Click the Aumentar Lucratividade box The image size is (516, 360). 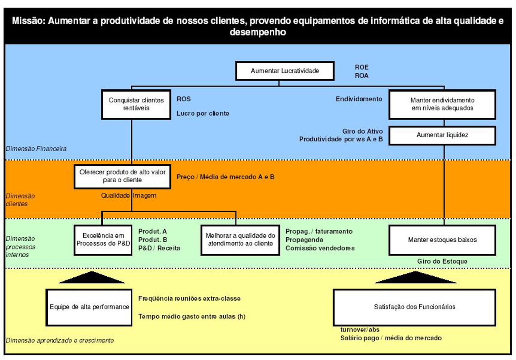pyautogui.click(x=285, y=71)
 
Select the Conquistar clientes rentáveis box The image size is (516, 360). pyautogui.click(x=136, y=104)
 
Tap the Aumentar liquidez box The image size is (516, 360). pyautogui.click(x=442, y=135)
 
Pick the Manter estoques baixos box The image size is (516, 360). pyautogui.click(x=442, y=240)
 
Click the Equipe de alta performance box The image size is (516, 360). pyautogui.click(x=89, y=307)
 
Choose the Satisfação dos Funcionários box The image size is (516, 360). pyautogui.click(x=414, y=307)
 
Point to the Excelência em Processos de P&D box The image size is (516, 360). pyautogui.click(x=103, y=240)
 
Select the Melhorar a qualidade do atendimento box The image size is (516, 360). pyautogui.click(x=240, y=240)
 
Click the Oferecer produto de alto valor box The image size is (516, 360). pyautogui.click(x=122, y=176)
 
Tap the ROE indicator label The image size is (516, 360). pyautogui.click(x=362, y=67)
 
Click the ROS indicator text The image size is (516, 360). pyautogui.click(x=183, y=99)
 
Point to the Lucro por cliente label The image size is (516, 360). pyautogui.click(x=203, y=113)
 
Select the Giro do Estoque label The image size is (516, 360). pyautogui.click(x=442, y=261)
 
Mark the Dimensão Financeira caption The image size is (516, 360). pyautogui.click(x=36, y=149)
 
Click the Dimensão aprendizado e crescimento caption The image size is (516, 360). pyautogui.click(x=60, y=340)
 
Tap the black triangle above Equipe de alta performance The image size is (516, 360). pyautogui.click(x=92, y=278)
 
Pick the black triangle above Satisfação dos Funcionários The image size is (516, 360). pyautogui.click(x=415, y=278)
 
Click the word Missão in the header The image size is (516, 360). pyautogui.click(x=29, y=21)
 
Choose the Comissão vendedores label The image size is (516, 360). pyautogui.click(x=320, y=248)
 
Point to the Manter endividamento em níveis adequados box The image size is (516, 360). pyautogui.click(x=442, y=104)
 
